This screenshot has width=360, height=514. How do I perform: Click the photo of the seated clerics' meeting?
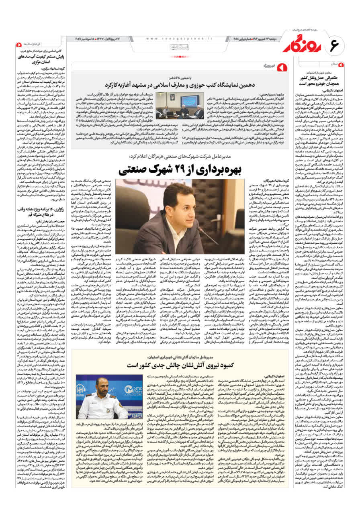(180, 106)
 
